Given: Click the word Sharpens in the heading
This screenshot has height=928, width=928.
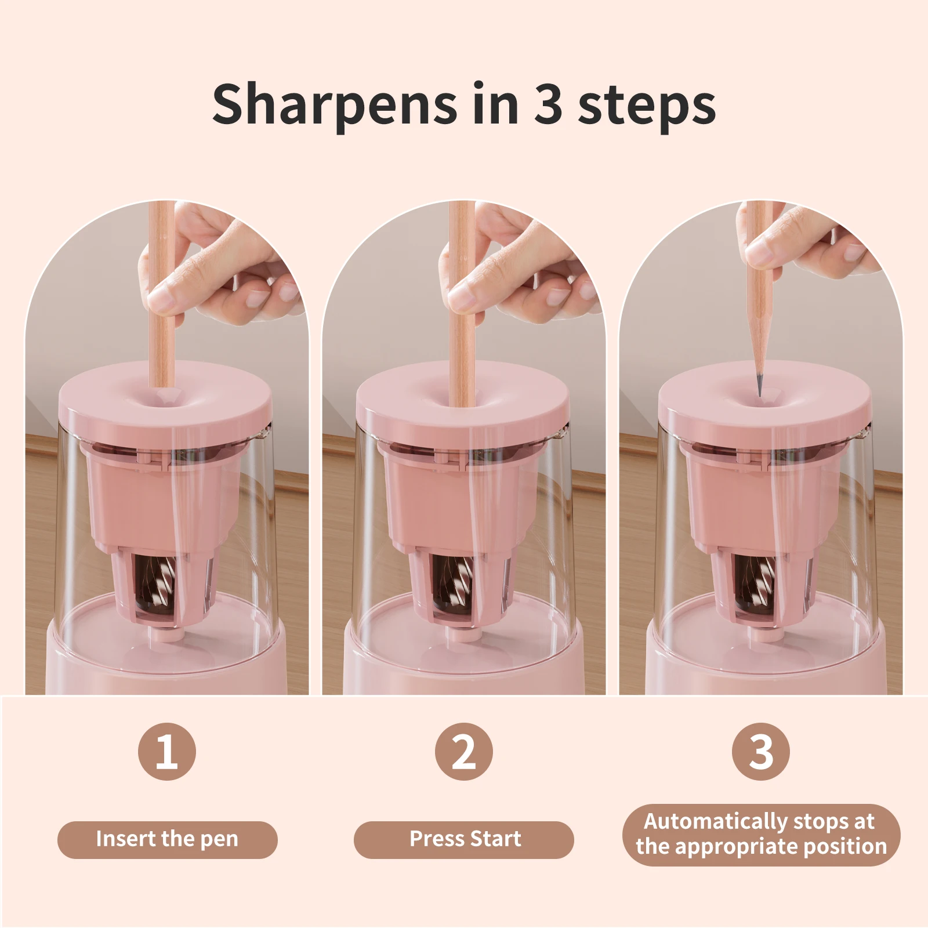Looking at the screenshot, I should [x=333, y=104].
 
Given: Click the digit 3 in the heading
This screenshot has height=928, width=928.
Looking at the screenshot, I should [x=548, y=104].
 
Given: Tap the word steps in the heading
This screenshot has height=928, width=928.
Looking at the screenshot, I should [x=647, y=106].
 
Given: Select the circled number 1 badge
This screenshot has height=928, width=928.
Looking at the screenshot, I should [x=167, y=752].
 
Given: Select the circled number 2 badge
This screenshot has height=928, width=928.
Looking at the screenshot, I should [x=464, y=752].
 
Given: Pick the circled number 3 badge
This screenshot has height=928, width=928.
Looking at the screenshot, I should [x=761, y=752].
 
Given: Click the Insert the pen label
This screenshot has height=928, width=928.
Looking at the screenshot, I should [x=167, y=839].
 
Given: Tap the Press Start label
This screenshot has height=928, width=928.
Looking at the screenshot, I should [x=464, y=839].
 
